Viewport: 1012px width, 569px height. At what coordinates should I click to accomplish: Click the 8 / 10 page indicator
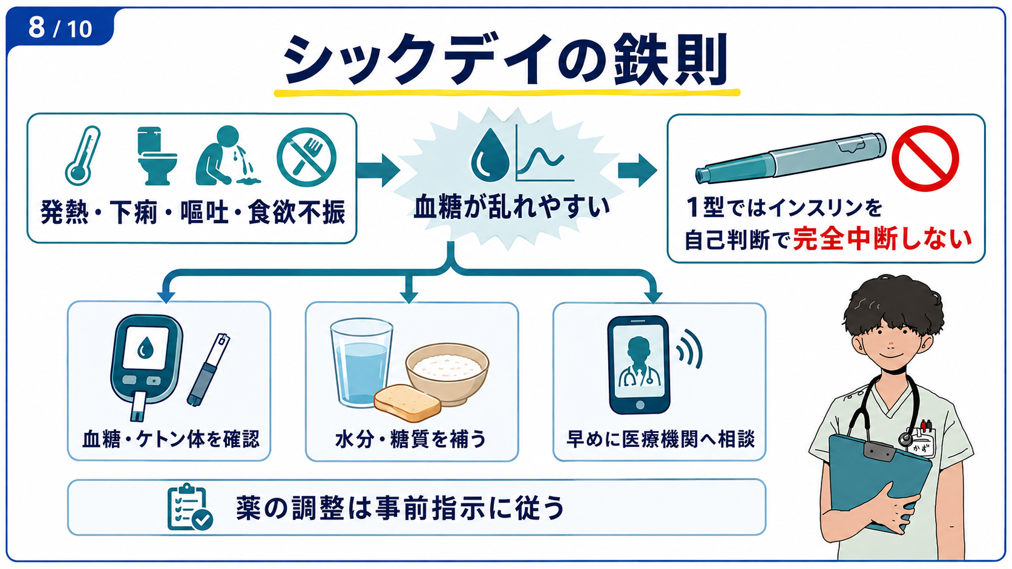click(60, 28)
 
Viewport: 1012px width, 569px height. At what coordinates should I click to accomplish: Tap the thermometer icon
click(82, 155)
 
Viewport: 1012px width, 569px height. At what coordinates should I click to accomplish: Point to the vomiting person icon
click(227, 155)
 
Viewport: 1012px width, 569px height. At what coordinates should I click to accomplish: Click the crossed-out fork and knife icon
click(306, 157)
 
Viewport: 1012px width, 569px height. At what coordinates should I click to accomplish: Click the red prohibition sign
click(925, 158)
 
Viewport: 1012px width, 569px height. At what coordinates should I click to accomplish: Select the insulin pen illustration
click(790, 158)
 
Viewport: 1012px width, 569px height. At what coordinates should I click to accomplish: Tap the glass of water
click(361, 362)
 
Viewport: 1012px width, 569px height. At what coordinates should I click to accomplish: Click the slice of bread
click(407, 403)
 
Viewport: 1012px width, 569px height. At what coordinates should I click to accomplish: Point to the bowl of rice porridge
click(447, 372)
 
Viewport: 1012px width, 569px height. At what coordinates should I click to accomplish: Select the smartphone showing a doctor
click(639, 365)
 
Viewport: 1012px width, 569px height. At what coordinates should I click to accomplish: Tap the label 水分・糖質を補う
click(411, 438)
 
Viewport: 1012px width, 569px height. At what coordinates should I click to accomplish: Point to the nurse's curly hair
click(893, 307)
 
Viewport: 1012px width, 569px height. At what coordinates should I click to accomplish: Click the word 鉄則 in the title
click(671, 59)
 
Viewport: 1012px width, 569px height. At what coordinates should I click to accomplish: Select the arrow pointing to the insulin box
click(637, 170)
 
